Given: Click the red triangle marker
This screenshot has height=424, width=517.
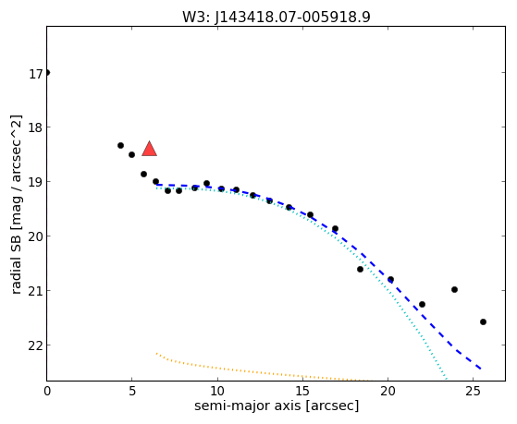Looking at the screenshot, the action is click(x=149, y=149).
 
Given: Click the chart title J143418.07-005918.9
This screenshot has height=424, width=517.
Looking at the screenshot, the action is click(x=292, y=18).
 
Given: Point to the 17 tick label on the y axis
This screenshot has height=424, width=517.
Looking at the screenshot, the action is click(x=36, y=74).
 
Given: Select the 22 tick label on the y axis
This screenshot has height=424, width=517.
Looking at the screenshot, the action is click(x=36, y=346).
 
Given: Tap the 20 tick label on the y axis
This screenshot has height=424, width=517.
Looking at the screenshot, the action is click(x=36, y=237).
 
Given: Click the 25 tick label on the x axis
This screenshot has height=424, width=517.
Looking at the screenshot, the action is click(x=474, y=392).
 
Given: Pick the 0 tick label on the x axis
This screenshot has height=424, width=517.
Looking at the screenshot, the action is click(x=47, y=392).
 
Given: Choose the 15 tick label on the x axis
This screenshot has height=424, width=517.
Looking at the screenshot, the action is click(x=302, y=392).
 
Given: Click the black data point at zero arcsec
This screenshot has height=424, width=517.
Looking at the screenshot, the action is click(x=47, y=72).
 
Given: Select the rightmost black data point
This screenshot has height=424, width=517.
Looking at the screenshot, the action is click(x=483, y=321).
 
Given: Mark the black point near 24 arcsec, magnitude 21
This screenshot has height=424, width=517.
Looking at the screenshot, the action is click(x=454, y=289).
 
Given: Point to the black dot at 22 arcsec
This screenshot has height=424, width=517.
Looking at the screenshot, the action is click(x=422, y=305).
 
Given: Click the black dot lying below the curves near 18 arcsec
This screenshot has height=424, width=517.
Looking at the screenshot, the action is click(x=360, y=269).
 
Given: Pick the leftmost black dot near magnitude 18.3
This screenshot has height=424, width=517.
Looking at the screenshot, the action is click(x=120, y=145).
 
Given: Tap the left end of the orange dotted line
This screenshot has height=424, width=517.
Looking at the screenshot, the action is click(x=156, y=354).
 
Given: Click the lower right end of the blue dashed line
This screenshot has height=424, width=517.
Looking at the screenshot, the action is click(x=481, y=369).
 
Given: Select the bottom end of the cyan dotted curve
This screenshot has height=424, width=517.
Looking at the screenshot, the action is click(x=446, y=379).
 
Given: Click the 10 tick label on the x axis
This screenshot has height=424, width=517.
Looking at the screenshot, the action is click(x=217, y=392).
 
